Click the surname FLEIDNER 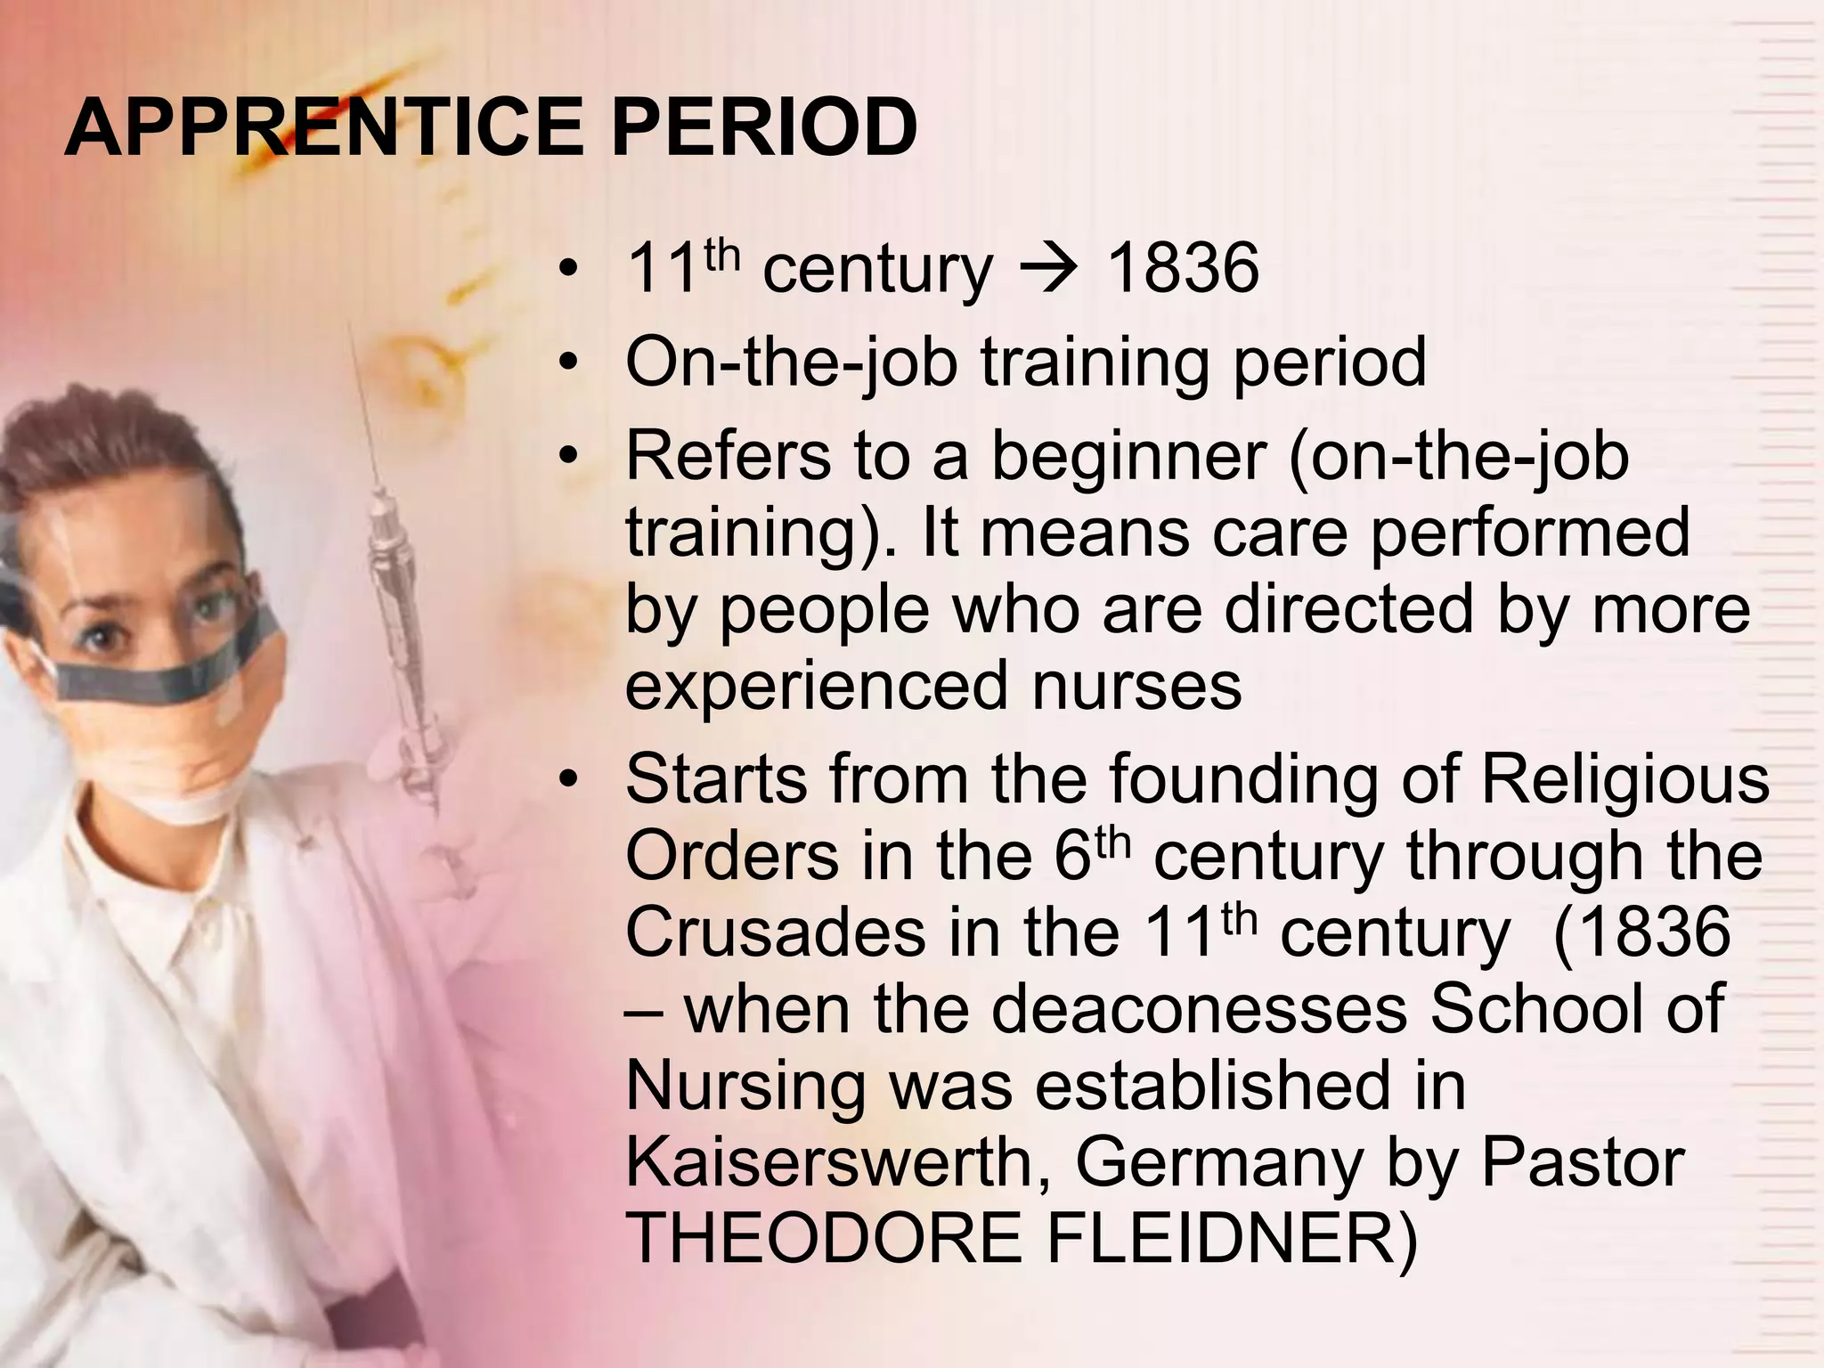tap(1229, 1239)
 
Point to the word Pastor tap(1582, 1162)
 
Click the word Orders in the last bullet tap(730, 856)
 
